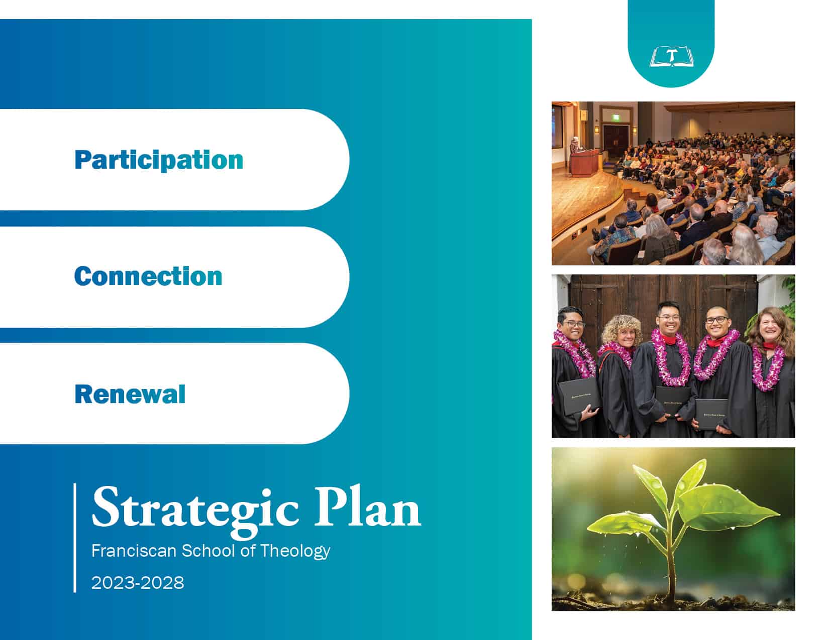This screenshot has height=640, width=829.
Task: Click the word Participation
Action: (159, 160)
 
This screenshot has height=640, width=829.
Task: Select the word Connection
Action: (148, 277)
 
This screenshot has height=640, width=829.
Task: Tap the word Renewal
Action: (130, 394)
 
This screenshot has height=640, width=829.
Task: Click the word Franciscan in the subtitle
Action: (134, 551)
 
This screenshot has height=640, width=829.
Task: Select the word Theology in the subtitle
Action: (295, 551)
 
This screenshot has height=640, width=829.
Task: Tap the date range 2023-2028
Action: (138, 583)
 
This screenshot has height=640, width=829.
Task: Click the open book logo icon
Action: (671, 57)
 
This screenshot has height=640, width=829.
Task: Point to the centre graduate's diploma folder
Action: (673, 401)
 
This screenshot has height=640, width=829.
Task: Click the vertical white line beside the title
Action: (75, 538)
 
